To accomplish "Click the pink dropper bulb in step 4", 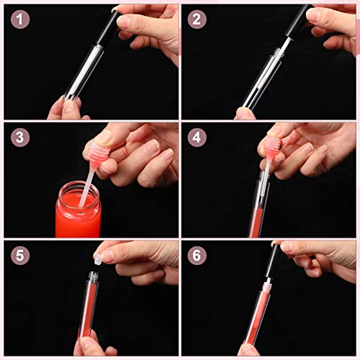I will coord(273,148).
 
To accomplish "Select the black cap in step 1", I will coord(108,27).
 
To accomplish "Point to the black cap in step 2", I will coord(300,22).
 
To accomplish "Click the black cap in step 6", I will coord(271,260).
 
